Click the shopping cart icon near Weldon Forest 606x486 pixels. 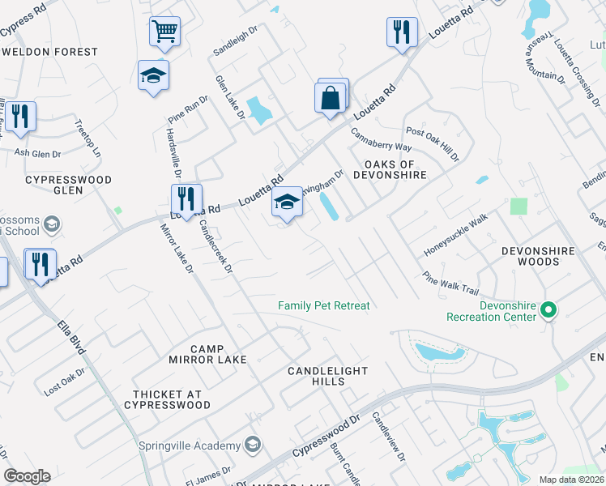[164, 32]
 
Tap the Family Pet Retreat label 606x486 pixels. [323, 306]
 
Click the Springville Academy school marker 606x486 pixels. [253, 445]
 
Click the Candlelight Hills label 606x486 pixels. [327, 377]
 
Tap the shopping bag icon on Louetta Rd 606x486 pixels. [330, 99]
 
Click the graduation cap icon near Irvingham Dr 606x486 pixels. [287, 202]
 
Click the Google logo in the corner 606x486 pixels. [27, 476]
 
